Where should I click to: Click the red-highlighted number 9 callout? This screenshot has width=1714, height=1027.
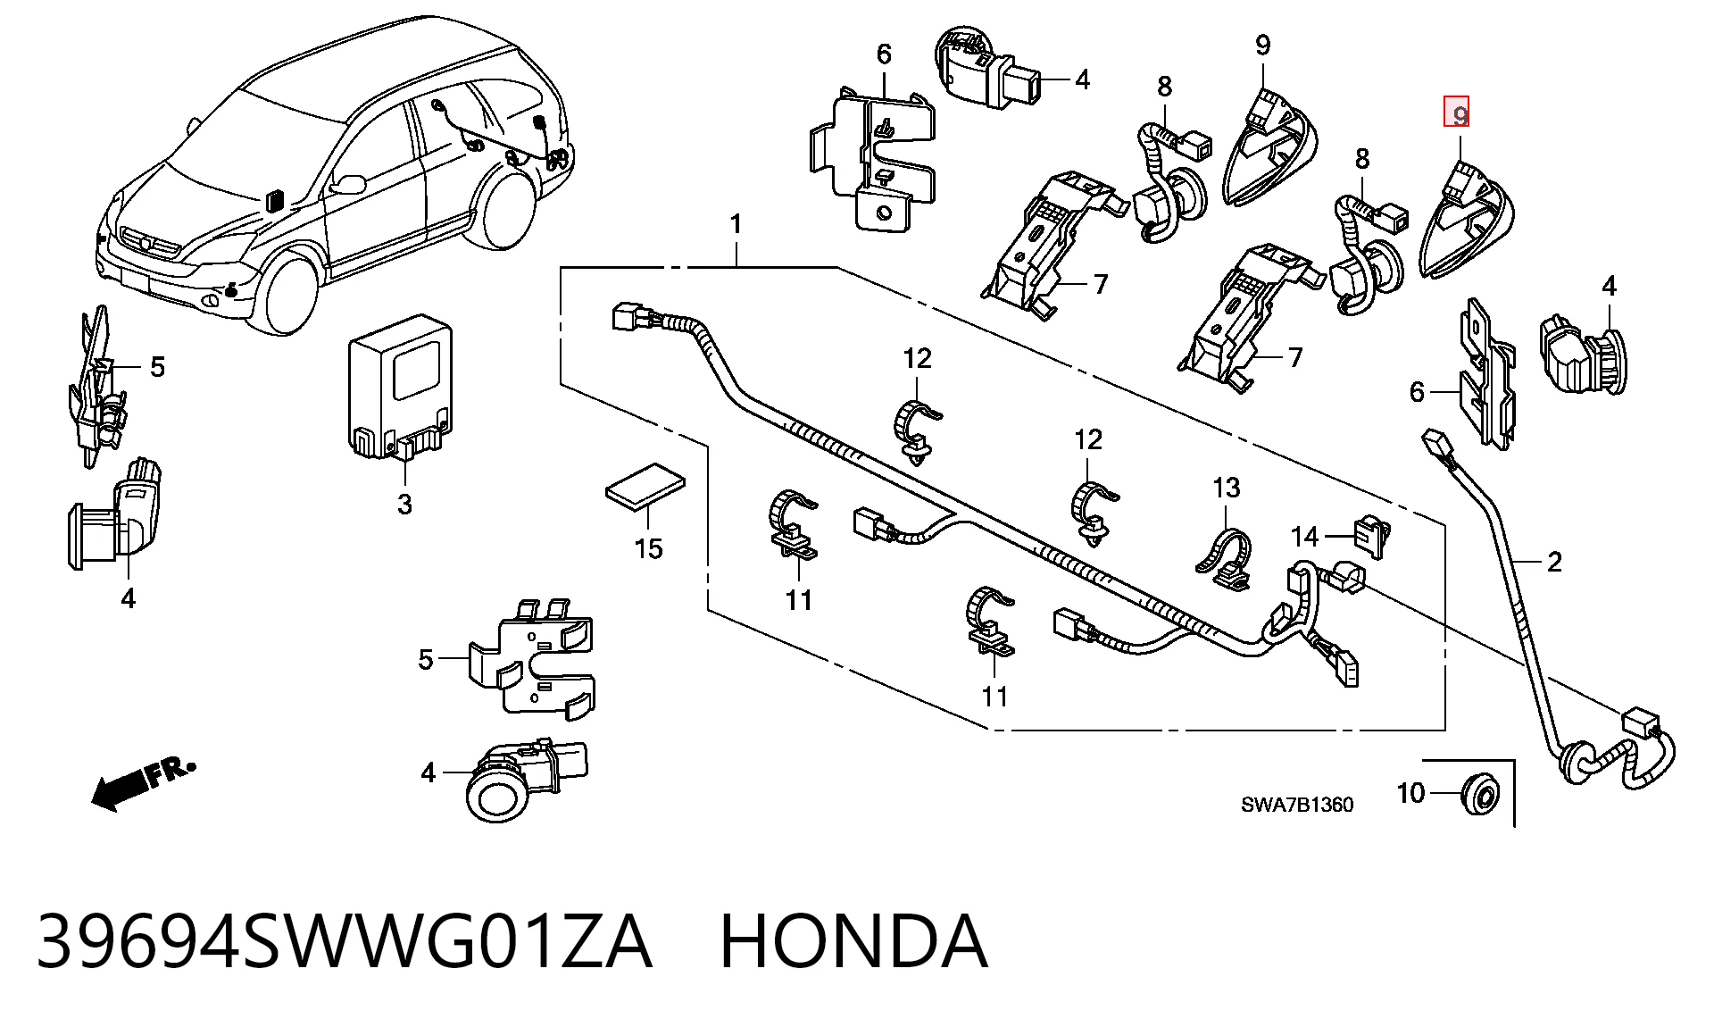[x=1457, y=113]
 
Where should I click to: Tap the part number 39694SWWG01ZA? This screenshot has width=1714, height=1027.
[x=345, y=941]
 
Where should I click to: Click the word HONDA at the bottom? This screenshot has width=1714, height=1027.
[x=853, y=941]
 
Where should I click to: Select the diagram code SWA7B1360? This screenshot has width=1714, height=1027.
[x=1297, y=805]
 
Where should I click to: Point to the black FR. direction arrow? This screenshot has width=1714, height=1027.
[x=143, y=783]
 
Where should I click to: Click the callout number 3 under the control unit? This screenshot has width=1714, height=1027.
[x=404, y=504]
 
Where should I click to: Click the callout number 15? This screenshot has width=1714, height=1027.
[x=649, y=548]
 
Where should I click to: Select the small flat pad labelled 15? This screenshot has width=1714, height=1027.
[x=645, y=486]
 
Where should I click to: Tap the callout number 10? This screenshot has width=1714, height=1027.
[x=1410, y=793]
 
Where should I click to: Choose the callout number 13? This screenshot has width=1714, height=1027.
[x=1227, y=488]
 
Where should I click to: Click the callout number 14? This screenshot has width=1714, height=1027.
[x=1304, y=536]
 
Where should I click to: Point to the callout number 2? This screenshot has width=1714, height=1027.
[x=1554, y=562]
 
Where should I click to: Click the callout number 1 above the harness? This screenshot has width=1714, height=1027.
[x=736, y=224]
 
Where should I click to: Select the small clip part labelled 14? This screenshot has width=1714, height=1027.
[x=1372, y=537]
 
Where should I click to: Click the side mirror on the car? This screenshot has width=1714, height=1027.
[x=348, y=184]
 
